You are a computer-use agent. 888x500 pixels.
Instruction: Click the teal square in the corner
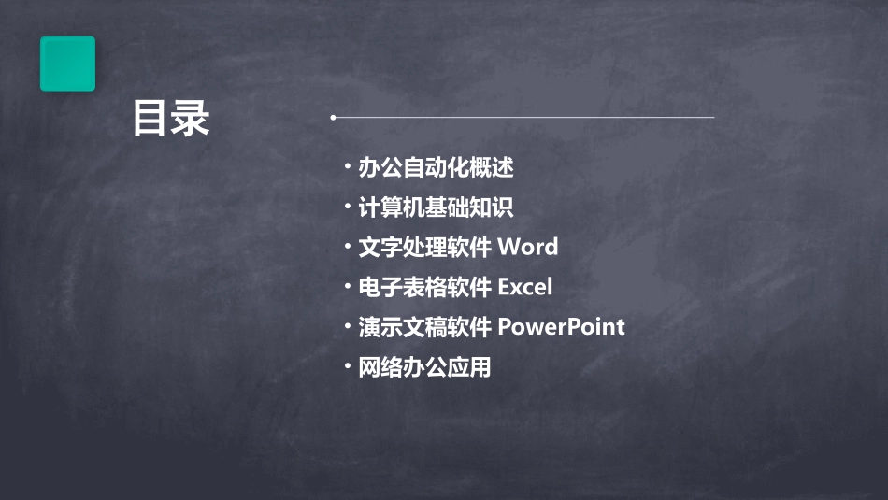tap(67, 64)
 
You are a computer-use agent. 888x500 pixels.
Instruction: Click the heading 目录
tap(171, 119)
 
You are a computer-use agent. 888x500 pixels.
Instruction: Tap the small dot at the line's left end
tap(332, 118)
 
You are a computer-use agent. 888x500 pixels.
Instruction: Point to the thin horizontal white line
tap(523, 118)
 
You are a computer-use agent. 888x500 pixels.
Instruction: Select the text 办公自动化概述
tap(437, 168)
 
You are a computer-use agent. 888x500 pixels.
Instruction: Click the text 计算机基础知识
tap(437, 207)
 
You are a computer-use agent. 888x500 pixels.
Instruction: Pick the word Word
tap(528, 248)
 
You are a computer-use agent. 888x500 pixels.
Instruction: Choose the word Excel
tap(525, 287)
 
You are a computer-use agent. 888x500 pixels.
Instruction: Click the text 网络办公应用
tap(425, 367)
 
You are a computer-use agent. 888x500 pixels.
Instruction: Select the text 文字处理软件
tap(425, 248)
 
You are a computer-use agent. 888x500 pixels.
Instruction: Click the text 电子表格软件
tap(425, 287)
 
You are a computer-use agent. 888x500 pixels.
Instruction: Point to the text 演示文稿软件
tap(425, 327)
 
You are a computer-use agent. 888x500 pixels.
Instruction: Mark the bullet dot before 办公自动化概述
tap(347, 168)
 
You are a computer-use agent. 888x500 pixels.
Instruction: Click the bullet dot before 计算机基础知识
tap(347, 207)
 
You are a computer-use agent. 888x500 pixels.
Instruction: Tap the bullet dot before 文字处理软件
tap(347, 248)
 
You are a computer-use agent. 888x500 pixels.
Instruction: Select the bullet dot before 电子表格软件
tap(347, 287)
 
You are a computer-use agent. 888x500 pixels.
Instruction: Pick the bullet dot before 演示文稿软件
tap(347, 327)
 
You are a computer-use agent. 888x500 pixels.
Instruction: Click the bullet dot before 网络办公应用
tap(347, 367)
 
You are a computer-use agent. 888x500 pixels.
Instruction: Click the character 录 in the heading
tap(191, 119)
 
